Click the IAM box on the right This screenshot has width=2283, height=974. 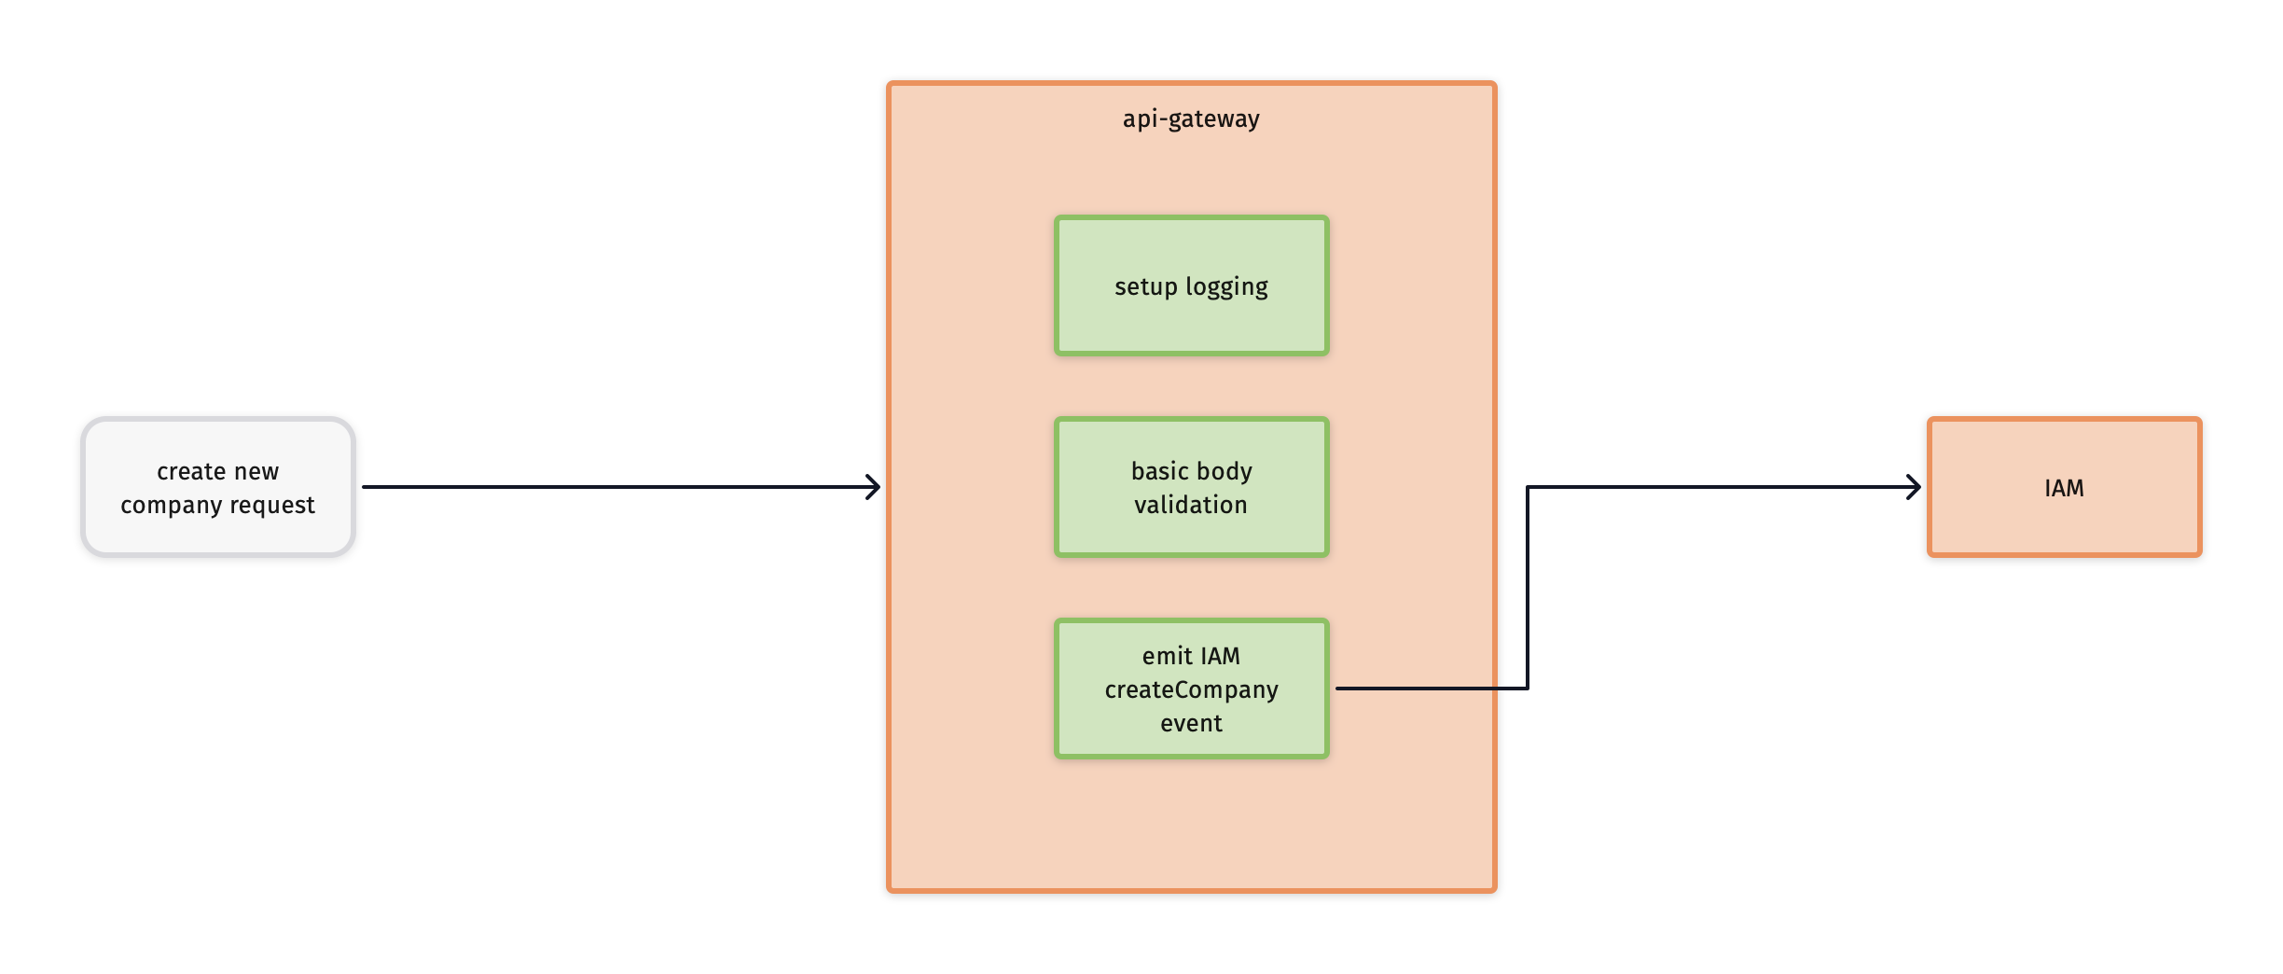coord(2064,487)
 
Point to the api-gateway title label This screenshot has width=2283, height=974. coord(1191,118)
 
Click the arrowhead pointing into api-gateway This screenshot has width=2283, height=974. coord(874,487)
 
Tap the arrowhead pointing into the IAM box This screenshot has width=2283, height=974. coord(1915,487)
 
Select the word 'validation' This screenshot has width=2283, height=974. coord(1191,505)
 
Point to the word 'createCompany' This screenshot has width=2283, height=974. coord(1191,689)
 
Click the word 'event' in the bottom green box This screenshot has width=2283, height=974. coord(1191,723)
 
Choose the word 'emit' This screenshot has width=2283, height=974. coord(1167,656)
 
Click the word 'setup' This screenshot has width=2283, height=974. coord(1145,287)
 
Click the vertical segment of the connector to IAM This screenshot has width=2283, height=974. coord(1527,588)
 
